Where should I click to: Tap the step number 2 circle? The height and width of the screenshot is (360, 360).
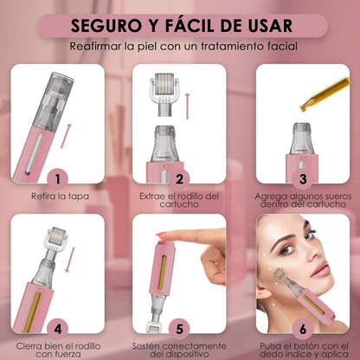point(178,179)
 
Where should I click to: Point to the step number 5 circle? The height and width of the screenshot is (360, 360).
point(180,328)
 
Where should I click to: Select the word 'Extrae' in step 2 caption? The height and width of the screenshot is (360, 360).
point(154,196)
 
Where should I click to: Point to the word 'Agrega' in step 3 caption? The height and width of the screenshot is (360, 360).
point(270,196)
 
